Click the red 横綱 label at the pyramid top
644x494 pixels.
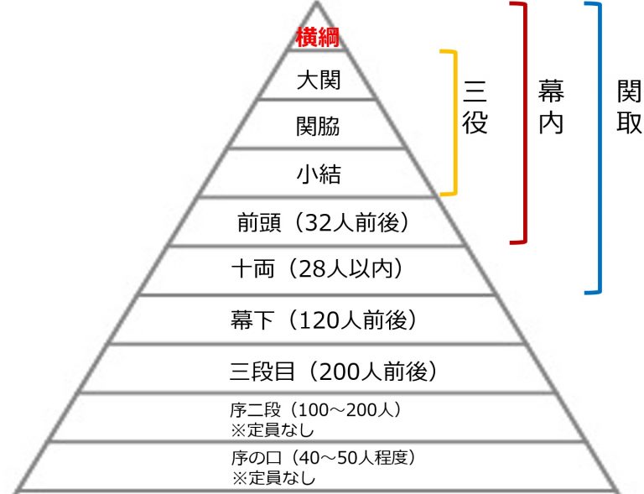[318, 38]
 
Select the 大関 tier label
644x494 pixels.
[319, 80]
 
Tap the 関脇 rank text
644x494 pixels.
[319, 126]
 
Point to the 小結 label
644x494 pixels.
[319, 174]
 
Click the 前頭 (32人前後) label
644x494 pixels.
[323, 223]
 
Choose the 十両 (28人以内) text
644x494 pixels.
[317, 269]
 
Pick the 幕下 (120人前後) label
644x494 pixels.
[323, 320]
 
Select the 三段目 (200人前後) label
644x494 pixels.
[333, 372]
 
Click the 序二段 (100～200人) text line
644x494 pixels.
[315, 410]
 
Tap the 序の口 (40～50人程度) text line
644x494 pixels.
[323, 457]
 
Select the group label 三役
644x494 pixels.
[475, 107]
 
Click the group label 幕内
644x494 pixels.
[551, 107]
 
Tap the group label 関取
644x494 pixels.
[629, 107]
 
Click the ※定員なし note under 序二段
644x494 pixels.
[273, 430]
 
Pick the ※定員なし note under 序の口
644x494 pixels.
[273, 477]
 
